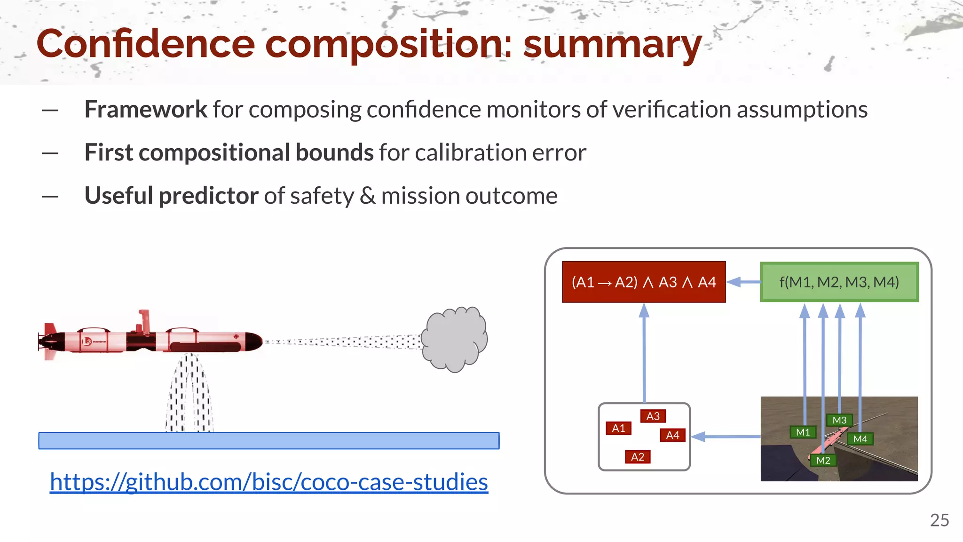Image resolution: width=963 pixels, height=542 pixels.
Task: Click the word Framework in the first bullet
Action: point(145,110)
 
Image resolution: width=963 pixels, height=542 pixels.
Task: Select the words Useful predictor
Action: point(171,196)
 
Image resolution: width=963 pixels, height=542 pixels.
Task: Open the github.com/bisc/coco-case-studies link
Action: point(269,482)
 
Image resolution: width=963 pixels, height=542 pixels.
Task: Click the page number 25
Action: point(939,520)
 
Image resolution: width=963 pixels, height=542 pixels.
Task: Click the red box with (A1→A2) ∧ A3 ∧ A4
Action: point(644,282)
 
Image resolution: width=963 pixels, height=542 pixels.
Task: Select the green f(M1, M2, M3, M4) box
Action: point(839,282)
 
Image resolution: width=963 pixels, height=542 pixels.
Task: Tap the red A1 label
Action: point(618,428)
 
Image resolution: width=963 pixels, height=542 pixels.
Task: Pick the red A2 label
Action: point(638,457)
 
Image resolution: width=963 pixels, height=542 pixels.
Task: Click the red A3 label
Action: point(653,416)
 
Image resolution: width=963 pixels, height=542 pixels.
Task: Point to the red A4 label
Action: point(672,435)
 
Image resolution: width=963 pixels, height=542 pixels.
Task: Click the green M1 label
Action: point(803,432)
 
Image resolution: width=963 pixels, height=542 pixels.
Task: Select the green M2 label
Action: point(823,460)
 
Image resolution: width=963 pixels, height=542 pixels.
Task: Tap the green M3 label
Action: point(839,420)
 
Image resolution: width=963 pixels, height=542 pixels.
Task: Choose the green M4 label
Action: point(860,439)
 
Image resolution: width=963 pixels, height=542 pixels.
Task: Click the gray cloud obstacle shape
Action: point(454,339)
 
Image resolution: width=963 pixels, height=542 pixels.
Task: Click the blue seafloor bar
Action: point(269,441)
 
